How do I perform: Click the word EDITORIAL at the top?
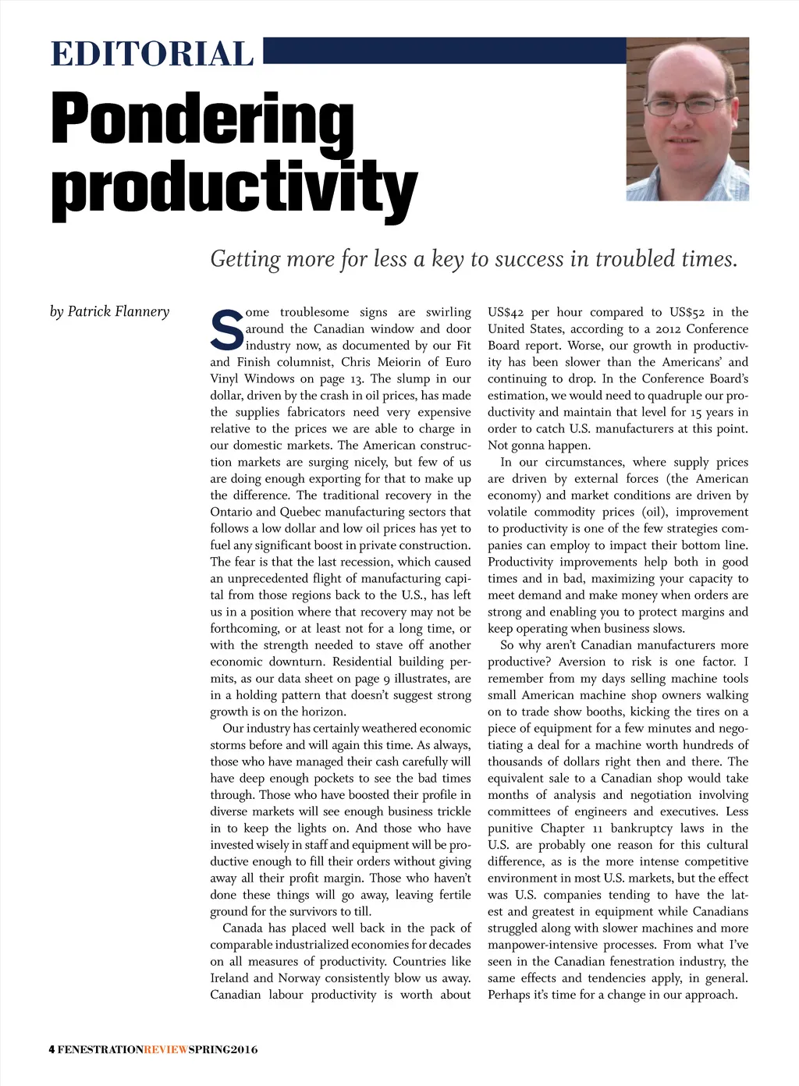pyautogui.click(x=152, y=55)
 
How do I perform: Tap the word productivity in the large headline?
pyautogui.click(x=234, y=187)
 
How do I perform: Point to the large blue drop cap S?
pyautogui.click(x=226, y=330)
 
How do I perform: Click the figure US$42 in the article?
pyautogui.click(x=506, y=312)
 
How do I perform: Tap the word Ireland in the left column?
pyautogui.click(x=230, y=978)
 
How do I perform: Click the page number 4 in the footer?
pyautogui.click(x=51, y=1049)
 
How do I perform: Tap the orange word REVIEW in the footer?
pyautogui.click(x=166, y=1049)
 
